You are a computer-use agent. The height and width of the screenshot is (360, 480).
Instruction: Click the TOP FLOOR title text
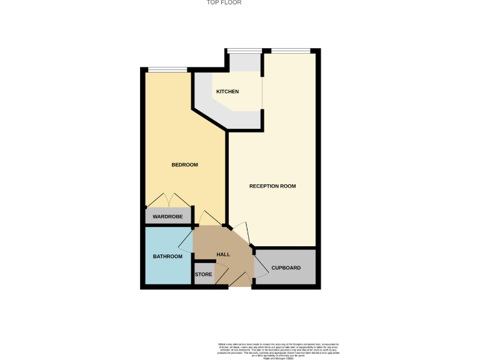pos(224,2)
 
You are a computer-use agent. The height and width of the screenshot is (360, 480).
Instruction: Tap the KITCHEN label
pos(227,92)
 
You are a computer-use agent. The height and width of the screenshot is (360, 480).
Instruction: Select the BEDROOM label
pos(184,165)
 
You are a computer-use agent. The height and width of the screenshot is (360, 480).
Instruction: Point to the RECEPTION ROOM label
pos(272,186)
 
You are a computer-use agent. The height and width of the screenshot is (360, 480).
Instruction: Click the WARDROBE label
pos(167,217)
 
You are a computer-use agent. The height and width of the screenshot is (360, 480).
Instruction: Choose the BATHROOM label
pos(167,256)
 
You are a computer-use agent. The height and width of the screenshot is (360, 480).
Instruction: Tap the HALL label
pos(223,255)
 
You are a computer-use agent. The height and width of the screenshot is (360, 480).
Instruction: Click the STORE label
pos(204,274)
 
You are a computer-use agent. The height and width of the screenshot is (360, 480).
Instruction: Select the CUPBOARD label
pos(286,268)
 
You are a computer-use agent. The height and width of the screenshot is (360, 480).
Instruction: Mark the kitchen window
pos(244,51)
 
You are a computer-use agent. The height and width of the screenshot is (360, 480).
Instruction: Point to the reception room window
pos(290,51)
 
